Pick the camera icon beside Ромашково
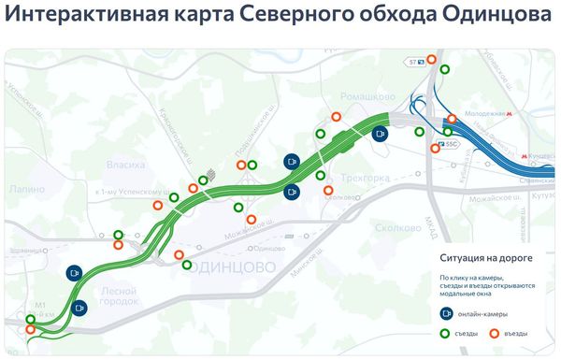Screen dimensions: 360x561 (x=380, y=134)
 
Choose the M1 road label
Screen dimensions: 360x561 (x=40, y=306)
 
